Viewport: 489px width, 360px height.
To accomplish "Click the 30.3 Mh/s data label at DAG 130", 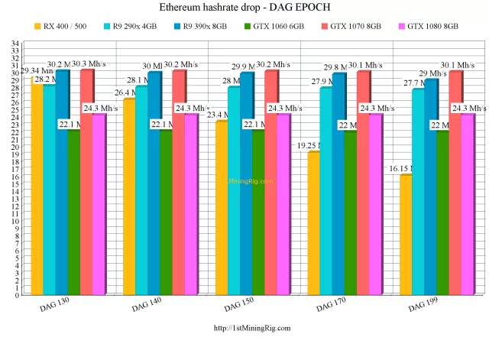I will pos(90,63).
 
